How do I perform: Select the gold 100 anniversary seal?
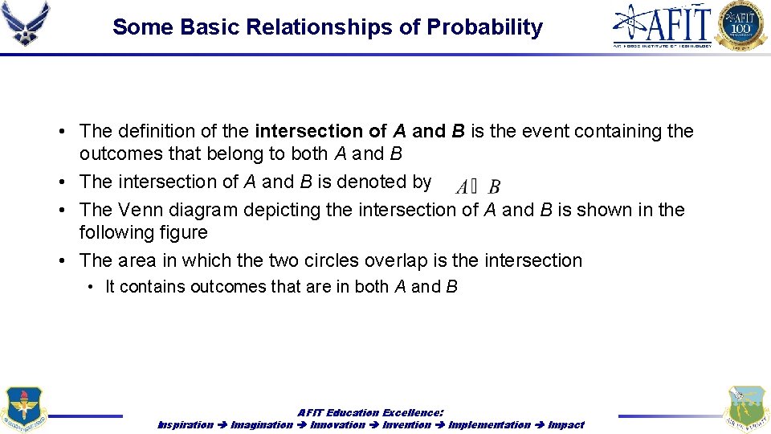(741, 25)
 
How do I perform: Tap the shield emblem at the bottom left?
(25, 409)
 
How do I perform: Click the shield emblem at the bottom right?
(746, 409)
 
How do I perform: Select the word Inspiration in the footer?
(186, 424)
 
